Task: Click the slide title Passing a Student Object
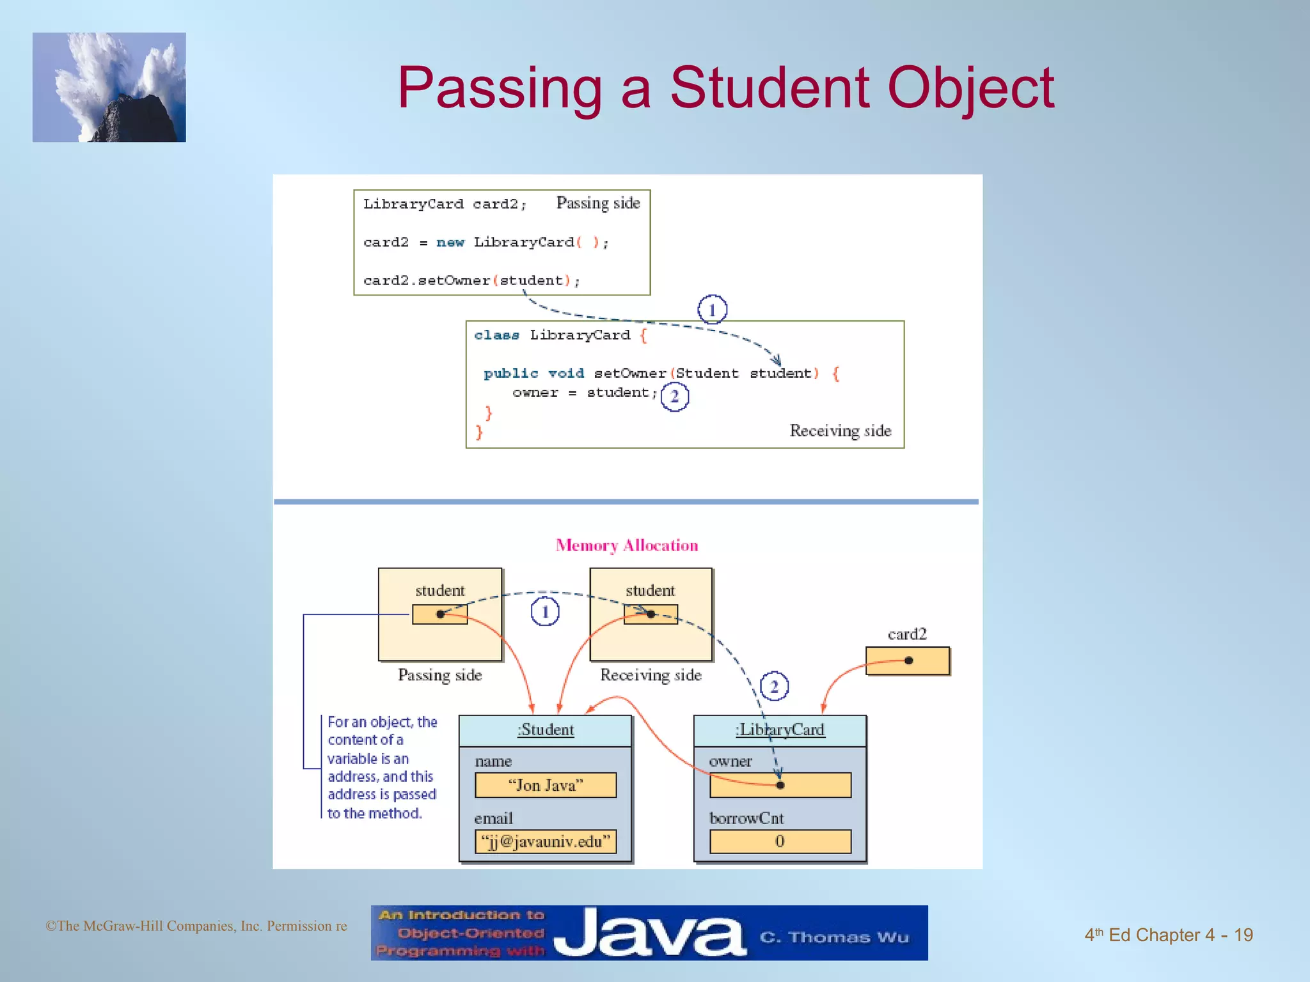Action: pos(725,88)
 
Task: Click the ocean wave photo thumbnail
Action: pos(109,88)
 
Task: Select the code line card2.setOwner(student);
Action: pos(471,281)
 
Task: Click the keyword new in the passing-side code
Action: pos(450,242)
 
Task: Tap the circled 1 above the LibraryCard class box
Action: pos(712,310)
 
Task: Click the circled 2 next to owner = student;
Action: pos(674,397)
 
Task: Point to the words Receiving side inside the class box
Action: pos(840,431)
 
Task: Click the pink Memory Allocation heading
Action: pos(627,545)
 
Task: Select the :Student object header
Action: pos(545,730)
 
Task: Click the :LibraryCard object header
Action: pos(780,730)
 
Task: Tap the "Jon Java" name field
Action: pos(545,785)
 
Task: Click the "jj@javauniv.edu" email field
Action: pos(545,841)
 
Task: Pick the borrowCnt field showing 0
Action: pos(780,841)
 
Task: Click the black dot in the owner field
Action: pos(780,785)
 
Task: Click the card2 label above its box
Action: pos(907,634)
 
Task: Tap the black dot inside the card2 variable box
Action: pos(908,660)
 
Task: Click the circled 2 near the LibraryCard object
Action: pos(774,687)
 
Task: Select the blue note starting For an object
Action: pos(381,767)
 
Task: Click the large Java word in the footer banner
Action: pos(649,934)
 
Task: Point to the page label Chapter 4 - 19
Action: pos(1168,935)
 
